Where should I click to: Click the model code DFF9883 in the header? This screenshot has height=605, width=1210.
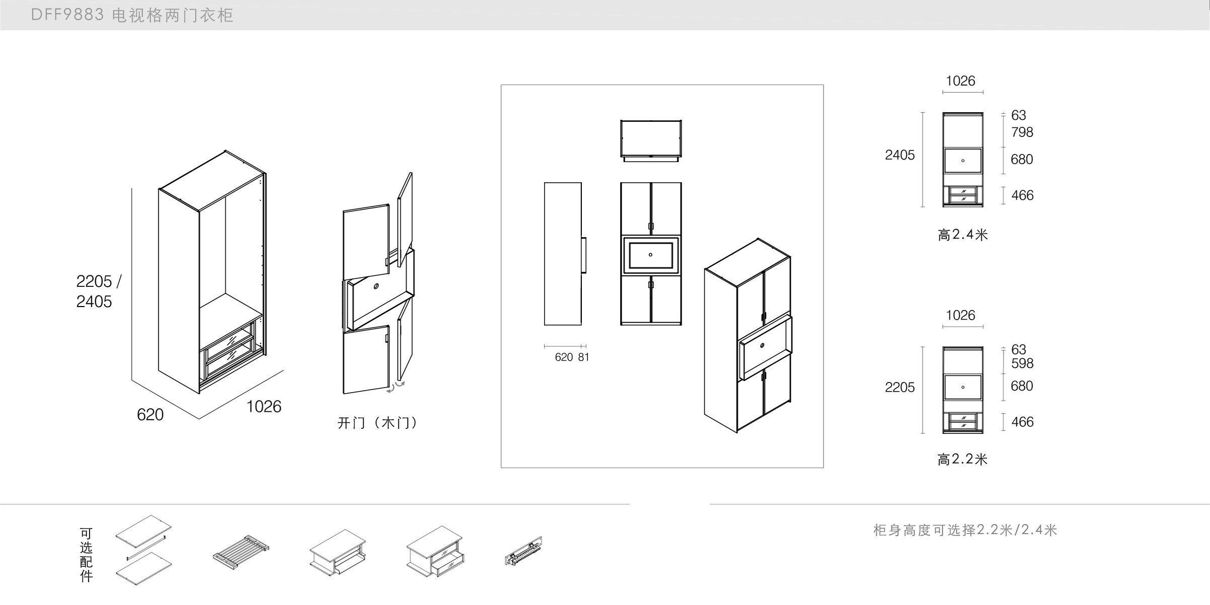[x=67, y=15]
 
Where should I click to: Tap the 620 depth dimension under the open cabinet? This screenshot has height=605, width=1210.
[x=150, y=415]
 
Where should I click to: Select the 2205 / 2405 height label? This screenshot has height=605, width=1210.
[x=98, y=291]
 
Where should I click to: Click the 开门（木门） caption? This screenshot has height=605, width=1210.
[x=377, y=423]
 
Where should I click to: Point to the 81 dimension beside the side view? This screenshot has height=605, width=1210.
[x=583, y=357]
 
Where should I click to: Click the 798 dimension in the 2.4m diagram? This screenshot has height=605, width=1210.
[x=1022, y=132]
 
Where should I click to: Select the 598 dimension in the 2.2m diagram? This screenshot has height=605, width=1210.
[x=1022, y=363]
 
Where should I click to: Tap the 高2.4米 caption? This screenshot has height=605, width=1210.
[x=962, y=235]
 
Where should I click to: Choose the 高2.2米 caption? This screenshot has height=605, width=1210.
[x=962, y=459]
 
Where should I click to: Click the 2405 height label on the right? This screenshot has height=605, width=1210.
[x=899, y=155]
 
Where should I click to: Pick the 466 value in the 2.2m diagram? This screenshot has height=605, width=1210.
[x=1022, y=422]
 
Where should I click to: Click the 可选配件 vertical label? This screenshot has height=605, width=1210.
[x=86, y=555]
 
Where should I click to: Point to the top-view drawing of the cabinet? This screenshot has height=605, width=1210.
[x=651, y=140]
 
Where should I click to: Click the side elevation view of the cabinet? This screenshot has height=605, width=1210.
[x=563, y=254]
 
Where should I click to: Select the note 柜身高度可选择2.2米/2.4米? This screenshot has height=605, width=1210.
[x=965, y=530]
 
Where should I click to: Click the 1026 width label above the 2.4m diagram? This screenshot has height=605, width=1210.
[x=960, y=81]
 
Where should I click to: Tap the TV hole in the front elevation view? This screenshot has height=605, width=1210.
[x=650, y=255]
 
